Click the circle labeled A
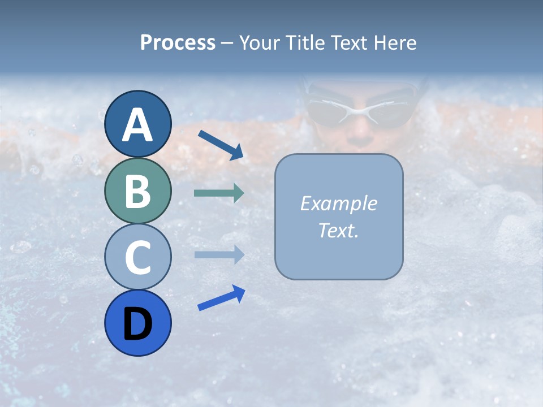[137, 124]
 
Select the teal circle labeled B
[137, 190]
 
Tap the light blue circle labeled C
[137, 257]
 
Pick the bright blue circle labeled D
[137, 323]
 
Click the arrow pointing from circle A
[221, 145]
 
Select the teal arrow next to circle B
[219, 193]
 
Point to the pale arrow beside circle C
[219, 254]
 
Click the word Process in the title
[178, 42]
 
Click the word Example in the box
[338, 203]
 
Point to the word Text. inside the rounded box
[338, 230]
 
